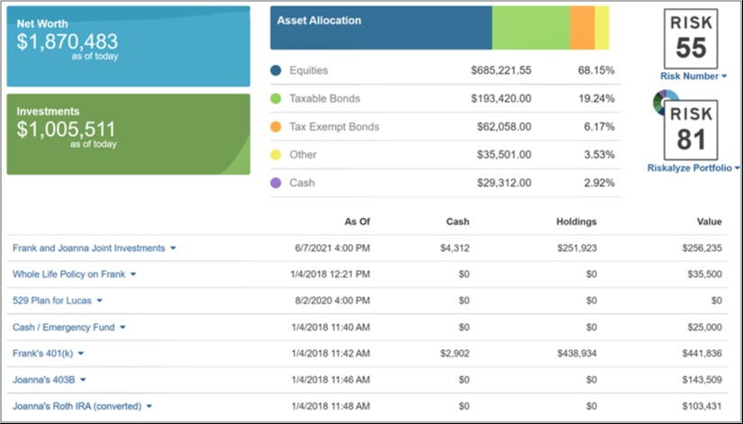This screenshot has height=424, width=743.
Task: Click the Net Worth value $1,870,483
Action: pos(68,41)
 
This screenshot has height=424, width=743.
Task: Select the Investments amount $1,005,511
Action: pos(67,130)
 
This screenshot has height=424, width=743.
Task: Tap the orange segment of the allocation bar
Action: pos(582,28)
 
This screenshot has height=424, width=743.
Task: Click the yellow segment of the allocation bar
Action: pos(602,28)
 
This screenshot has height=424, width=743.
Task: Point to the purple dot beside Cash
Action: pos(276,183)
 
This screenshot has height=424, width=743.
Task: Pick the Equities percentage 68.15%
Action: pos(596,70)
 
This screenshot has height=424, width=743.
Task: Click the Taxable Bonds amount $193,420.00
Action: pos(501,98)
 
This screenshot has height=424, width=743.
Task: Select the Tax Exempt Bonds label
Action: pos(334,127)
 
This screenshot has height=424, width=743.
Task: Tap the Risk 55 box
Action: pos(691,39)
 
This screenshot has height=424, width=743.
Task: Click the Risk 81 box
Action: pos(691,131)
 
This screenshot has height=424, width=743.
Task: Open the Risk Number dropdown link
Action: pos(693,77)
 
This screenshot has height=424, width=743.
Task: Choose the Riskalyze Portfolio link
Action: pos(693,167)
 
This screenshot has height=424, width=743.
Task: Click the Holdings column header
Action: pos(576,221)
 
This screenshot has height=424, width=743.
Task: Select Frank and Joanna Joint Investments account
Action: pos(88,248)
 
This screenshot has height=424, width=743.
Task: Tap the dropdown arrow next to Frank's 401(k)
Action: pos(81,354)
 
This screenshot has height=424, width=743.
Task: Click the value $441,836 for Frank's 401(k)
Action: pos(702,354)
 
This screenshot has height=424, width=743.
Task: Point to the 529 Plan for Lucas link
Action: pos(52,301)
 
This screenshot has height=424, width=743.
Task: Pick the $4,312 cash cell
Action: pos(455,248)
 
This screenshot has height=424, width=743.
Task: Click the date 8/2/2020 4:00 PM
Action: pos(332,301)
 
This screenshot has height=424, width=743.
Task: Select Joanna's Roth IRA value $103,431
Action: pos(702,406)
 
